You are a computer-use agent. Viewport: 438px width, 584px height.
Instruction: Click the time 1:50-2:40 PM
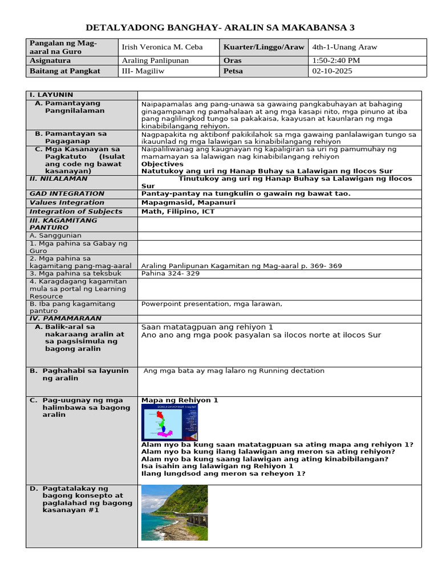click(x=336, y=60)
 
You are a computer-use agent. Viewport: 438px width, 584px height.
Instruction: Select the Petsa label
click(x=234, y=71)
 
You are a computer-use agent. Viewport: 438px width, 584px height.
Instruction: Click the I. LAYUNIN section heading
click(x=51, y=95)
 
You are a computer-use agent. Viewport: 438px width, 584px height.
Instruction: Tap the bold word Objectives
click(x=163, y=164)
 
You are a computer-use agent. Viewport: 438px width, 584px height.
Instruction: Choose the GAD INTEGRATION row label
click(x=67, y=193)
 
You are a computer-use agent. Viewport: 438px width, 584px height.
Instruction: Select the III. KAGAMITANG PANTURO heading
click(x=63, y=224)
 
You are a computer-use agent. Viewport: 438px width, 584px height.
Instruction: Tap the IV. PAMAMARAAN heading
click(x=65, y=318)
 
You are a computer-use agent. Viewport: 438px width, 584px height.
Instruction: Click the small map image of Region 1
click(x=169, y=423)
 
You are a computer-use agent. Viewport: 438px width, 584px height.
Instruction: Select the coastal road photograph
click(x=174, y=512)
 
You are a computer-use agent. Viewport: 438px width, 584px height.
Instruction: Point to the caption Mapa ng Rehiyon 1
click(x=180, y=400)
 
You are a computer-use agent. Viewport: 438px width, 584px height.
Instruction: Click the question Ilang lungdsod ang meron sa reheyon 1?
click(x=223, y=473)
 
